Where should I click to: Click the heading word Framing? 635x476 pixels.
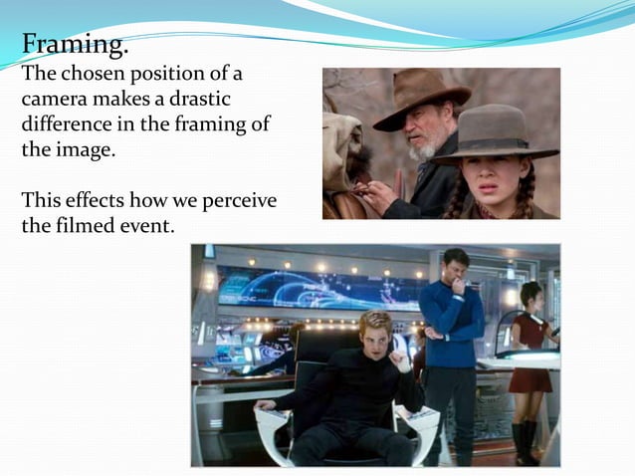click(x=75, y=45)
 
